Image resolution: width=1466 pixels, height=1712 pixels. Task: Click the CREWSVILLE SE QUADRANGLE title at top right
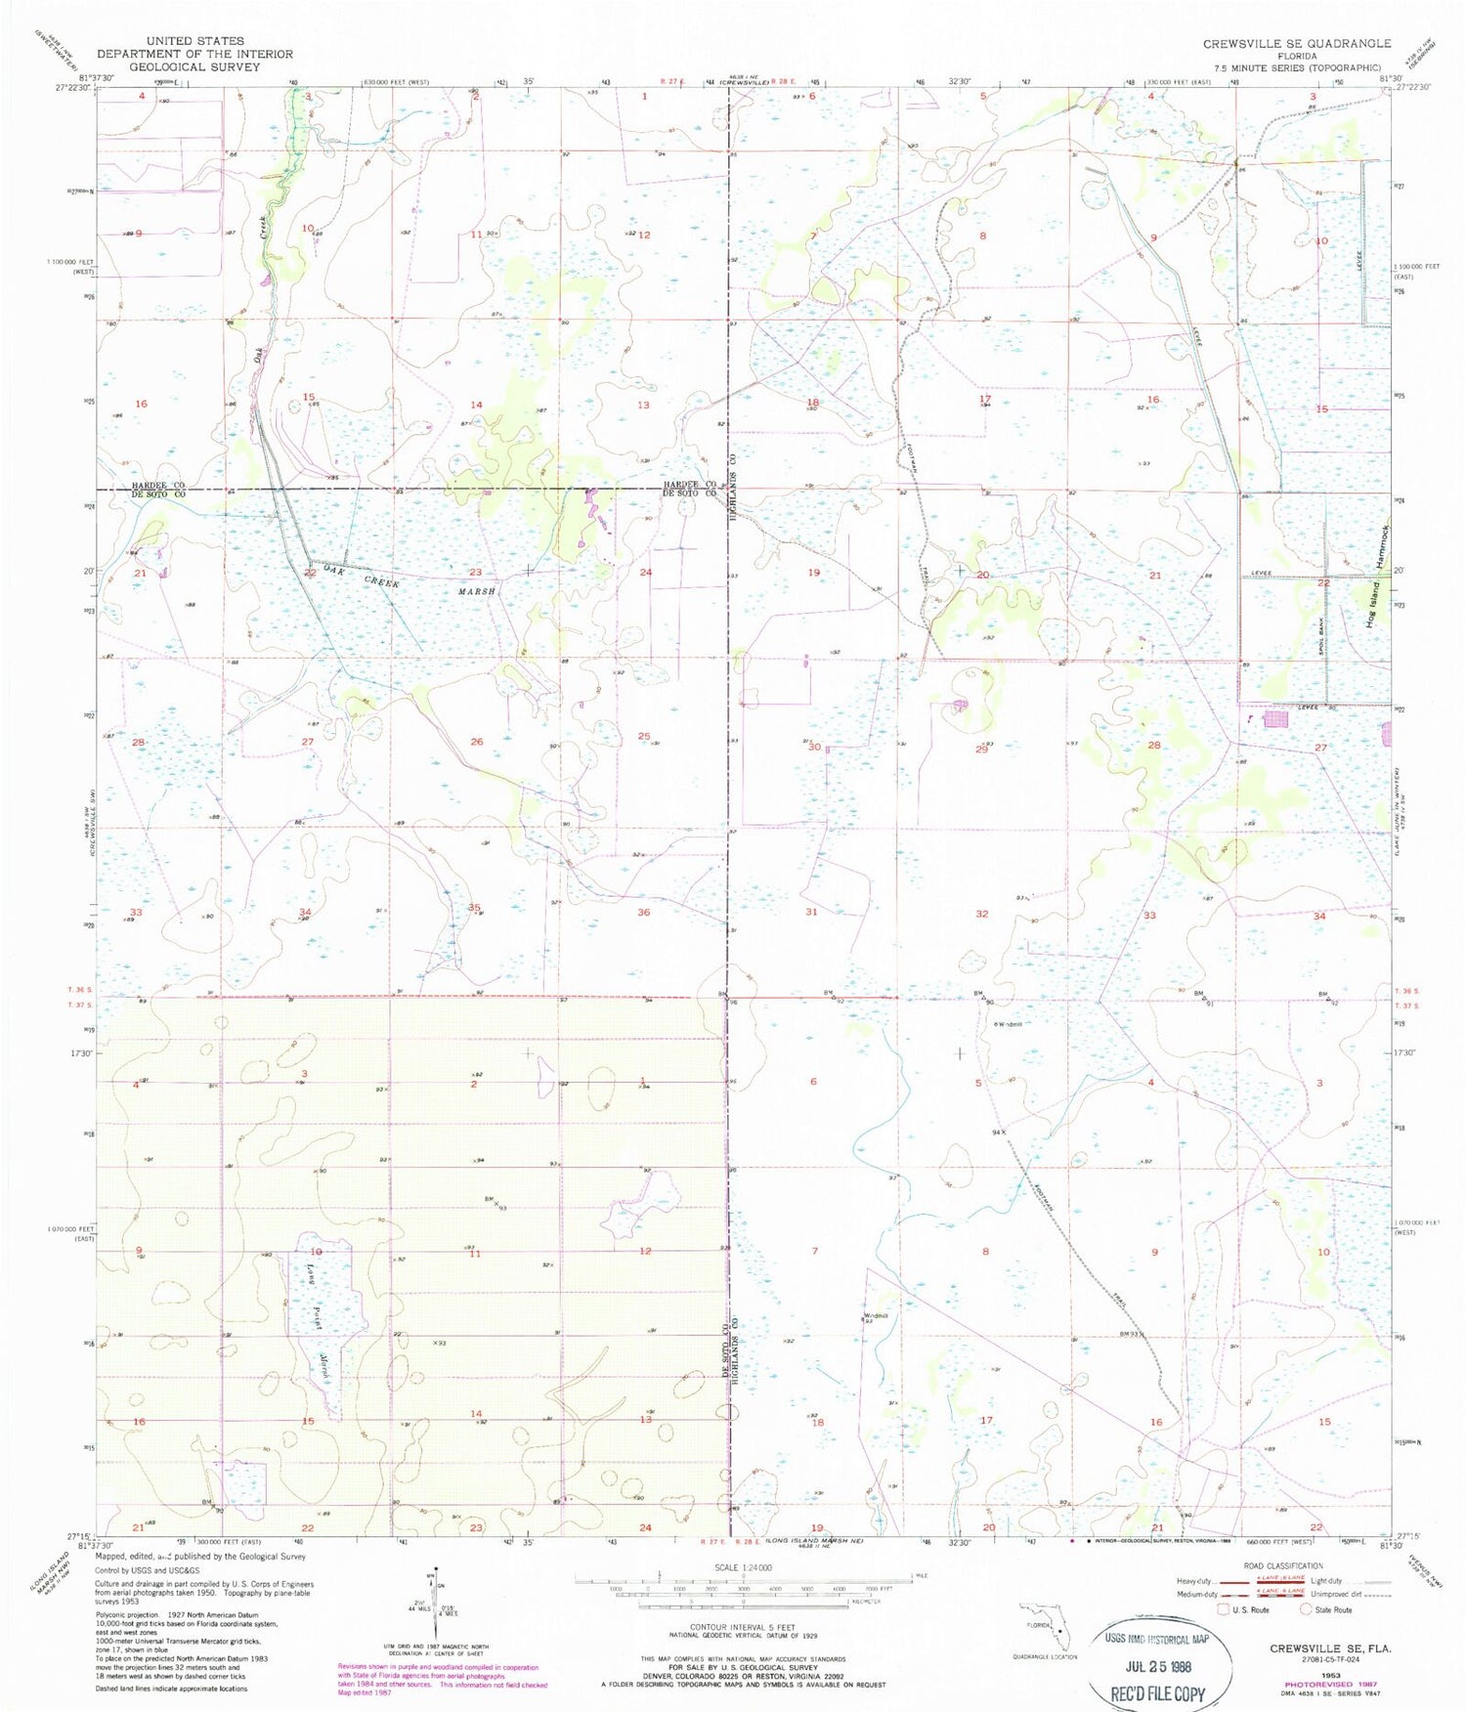click(x=1296, y=43)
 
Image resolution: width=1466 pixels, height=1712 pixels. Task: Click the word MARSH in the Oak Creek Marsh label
click(x=477, y=591)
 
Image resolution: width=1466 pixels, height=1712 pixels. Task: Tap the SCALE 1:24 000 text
click(x=744, y=1567)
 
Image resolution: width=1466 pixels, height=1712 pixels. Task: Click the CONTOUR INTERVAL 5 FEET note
click(x=744, y=1627)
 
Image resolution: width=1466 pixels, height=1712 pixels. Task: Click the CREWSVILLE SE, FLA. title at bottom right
click(x=1330, y=1648)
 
